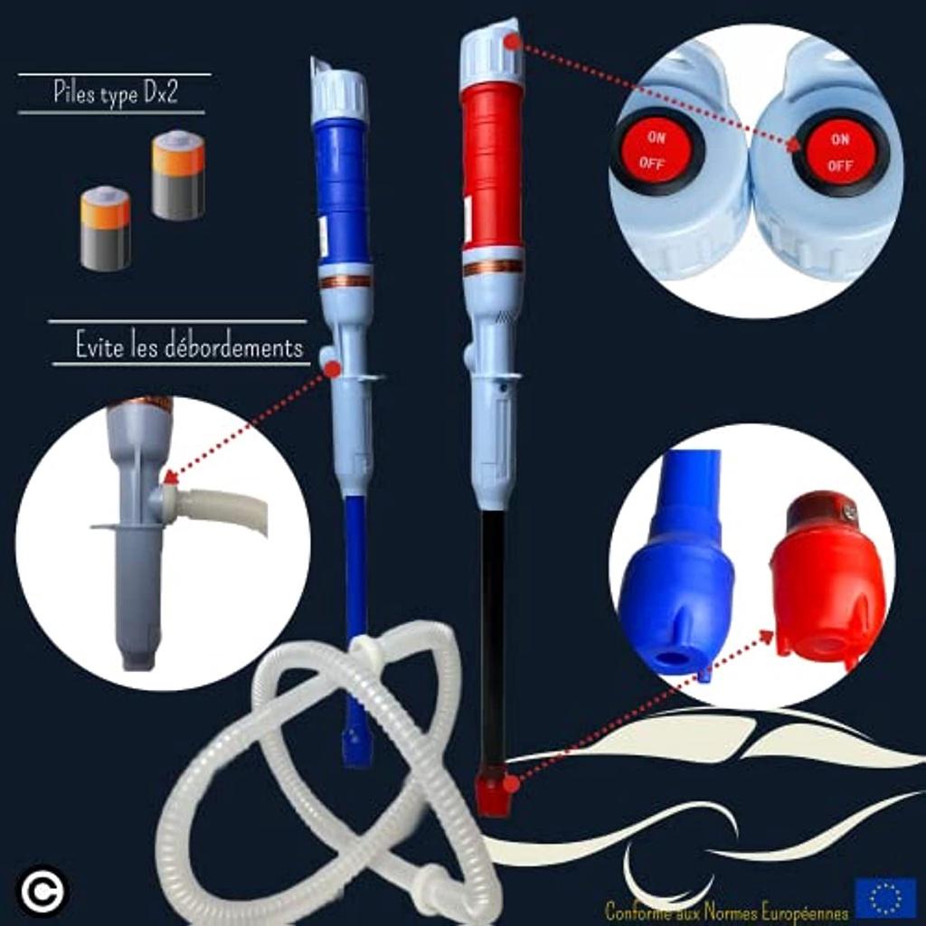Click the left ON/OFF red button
657,151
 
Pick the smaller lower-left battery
105,229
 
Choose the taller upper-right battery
178,175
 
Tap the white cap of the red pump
491,57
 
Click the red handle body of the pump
493,167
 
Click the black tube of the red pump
493,633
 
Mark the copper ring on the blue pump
345,280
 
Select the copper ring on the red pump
493,267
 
